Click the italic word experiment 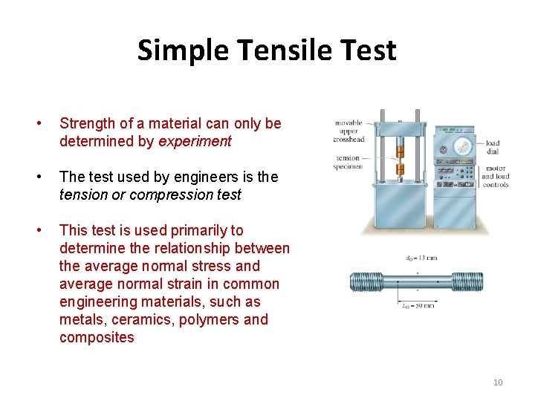tap(195, 141)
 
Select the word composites tap(97, 337)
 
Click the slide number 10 tap(498, 382)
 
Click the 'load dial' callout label tap(492, 147)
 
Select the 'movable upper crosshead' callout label tap(348, 131)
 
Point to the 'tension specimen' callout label tap(348, 162)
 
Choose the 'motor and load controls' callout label tap(495, 177)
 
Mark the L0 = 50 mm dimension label tap(419, 305)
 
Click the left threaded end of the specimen tap(365, 281)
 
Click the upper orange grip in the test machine tap(400, 151)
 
